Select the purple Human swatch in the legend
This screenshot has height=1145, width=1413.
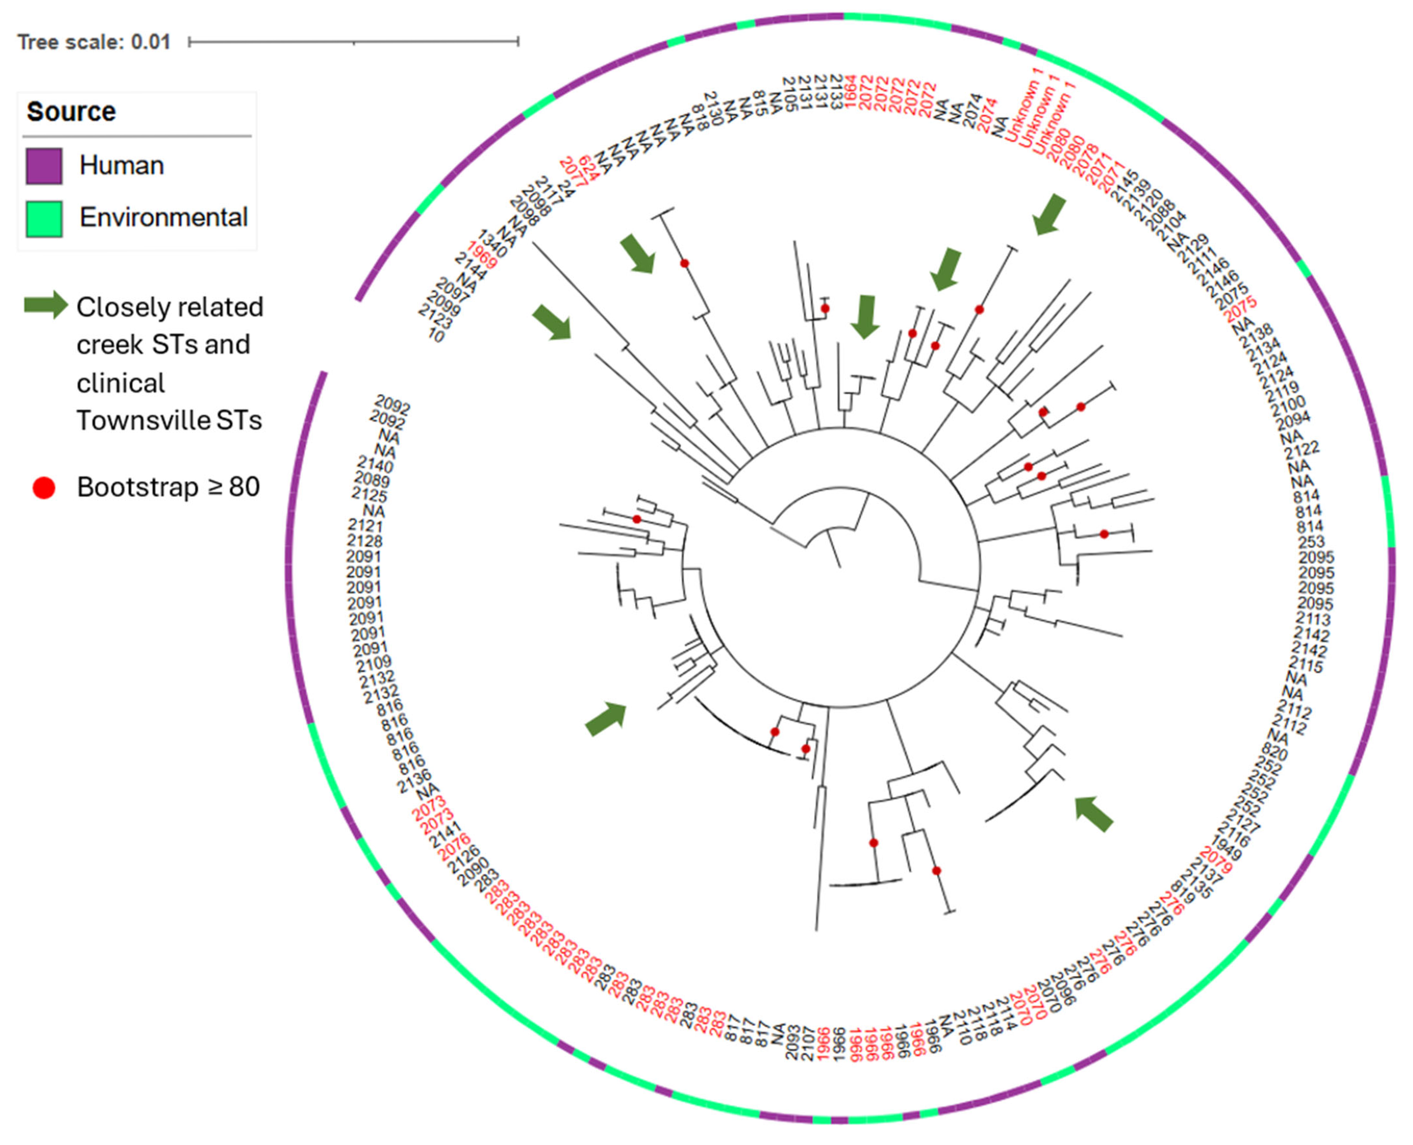[44, 165]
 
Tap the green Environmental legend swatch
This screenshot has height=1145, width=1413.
[44, 218]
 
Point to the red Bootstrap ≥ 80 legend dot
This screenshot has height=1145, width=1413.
[44, 488]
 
